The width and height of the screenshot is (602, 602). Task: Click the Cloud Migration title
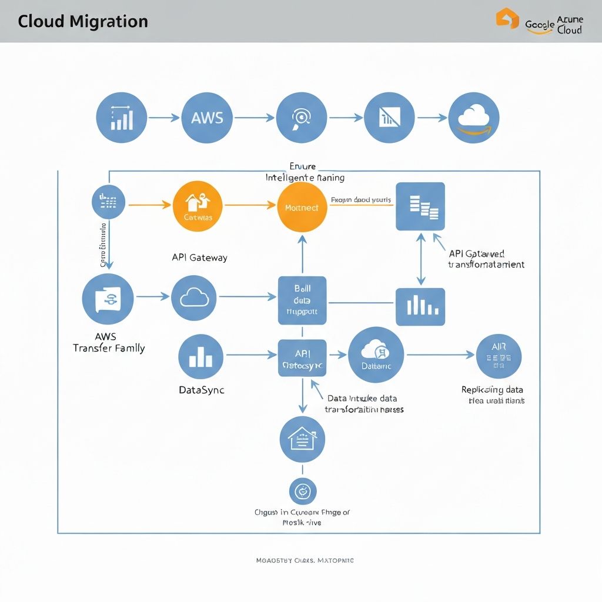(83, 22)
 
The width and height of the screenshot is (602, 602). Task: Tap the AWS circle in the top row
(207, 118)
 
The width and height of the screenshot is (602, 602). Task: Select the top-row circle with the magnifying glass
(300, 118)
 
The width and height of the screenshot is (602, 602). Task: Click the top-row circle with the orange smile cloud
(474, 118)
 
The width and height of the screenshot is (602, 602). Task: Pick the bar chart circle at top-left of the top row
(121, 118)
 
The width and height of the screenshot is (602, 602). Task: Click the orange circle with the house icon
(198, 206)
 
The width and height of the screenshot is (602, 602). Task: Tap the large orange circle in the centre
(302, 207)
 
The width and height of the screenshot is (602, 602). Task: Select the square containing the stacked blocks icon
(420, 206)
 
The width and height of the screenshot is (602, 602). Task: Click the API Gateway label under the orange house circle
(199, 257)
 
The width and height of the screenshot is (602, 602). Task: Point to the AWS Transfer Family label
(109, 342)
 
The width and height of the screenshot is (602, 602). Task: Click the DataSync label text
(201, 390)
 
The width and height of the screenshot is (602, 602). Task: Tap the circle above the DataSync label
(200, 356)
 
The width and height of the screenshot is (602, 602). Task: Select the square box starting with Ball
(302, 300)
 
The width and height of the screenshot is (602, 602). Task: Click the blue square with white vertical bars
(420, 306)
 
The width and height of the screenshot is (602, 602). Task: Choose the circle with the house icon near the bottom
(302, 440)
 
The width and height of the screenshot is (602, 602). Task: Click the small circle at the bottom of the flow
(303, 491)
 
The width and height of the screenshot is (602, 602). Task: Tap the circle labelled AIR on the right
(499, 356)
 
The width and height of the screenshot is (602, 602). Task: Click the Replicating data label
(492, 389)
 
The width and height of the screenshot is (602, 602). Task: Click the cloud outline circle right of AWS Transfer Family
(194, 298)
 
